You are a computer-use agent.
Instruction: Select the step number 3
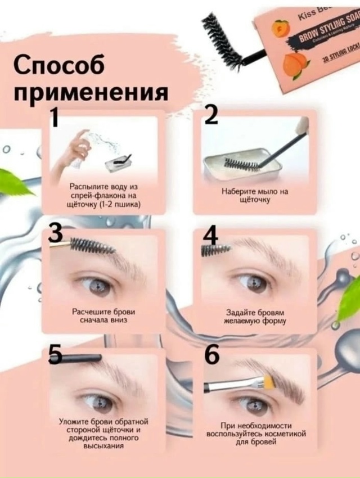55,234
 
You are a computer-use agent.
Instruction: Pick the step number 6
211,355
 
